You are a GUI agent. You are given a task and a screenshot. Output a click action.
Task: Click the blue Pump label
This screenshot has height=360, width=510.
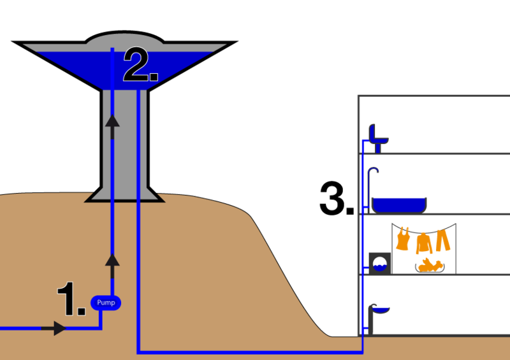[106, 302]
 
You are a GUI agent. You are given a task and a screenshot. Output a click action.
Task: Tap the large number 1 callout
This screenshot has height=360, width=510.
[69, 299]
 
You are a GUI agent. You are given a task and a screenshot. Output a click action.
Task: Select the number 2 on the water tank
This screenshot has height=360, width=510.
[139, 66]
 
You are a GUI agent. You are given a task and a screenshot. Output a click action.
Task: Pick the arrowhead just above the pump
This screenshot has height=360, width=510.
[112, 259]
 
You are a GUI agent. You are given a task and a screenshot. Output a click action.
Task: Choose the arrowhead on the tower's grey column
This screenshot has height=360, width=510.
[112, 121]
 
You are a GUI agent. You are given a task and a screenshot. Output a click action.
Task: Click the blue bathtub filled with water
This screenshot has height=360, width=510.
[398, 204]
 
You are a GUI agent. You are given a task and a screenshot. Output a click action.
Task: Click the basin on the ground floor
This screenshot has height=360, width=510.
[381, 310]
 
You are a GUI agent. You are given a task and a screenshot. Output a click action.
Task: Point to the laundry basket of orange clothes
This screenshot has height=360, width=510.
[430, 264]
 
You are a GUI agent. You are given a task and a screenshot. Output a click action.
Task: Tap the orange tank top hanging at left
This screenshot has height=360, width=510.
[403, 240]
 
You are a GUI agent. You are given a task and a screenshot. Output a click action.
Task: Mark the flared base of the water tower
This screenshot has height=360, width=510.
[125, 194]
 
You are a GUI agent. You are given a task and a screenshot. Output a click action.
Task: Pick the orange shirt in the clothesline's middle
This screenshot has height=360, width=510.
[423, 243]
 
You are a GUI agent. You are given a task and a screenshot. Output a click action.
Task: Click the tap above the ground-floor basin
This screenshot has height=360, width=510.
[372, 306]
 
